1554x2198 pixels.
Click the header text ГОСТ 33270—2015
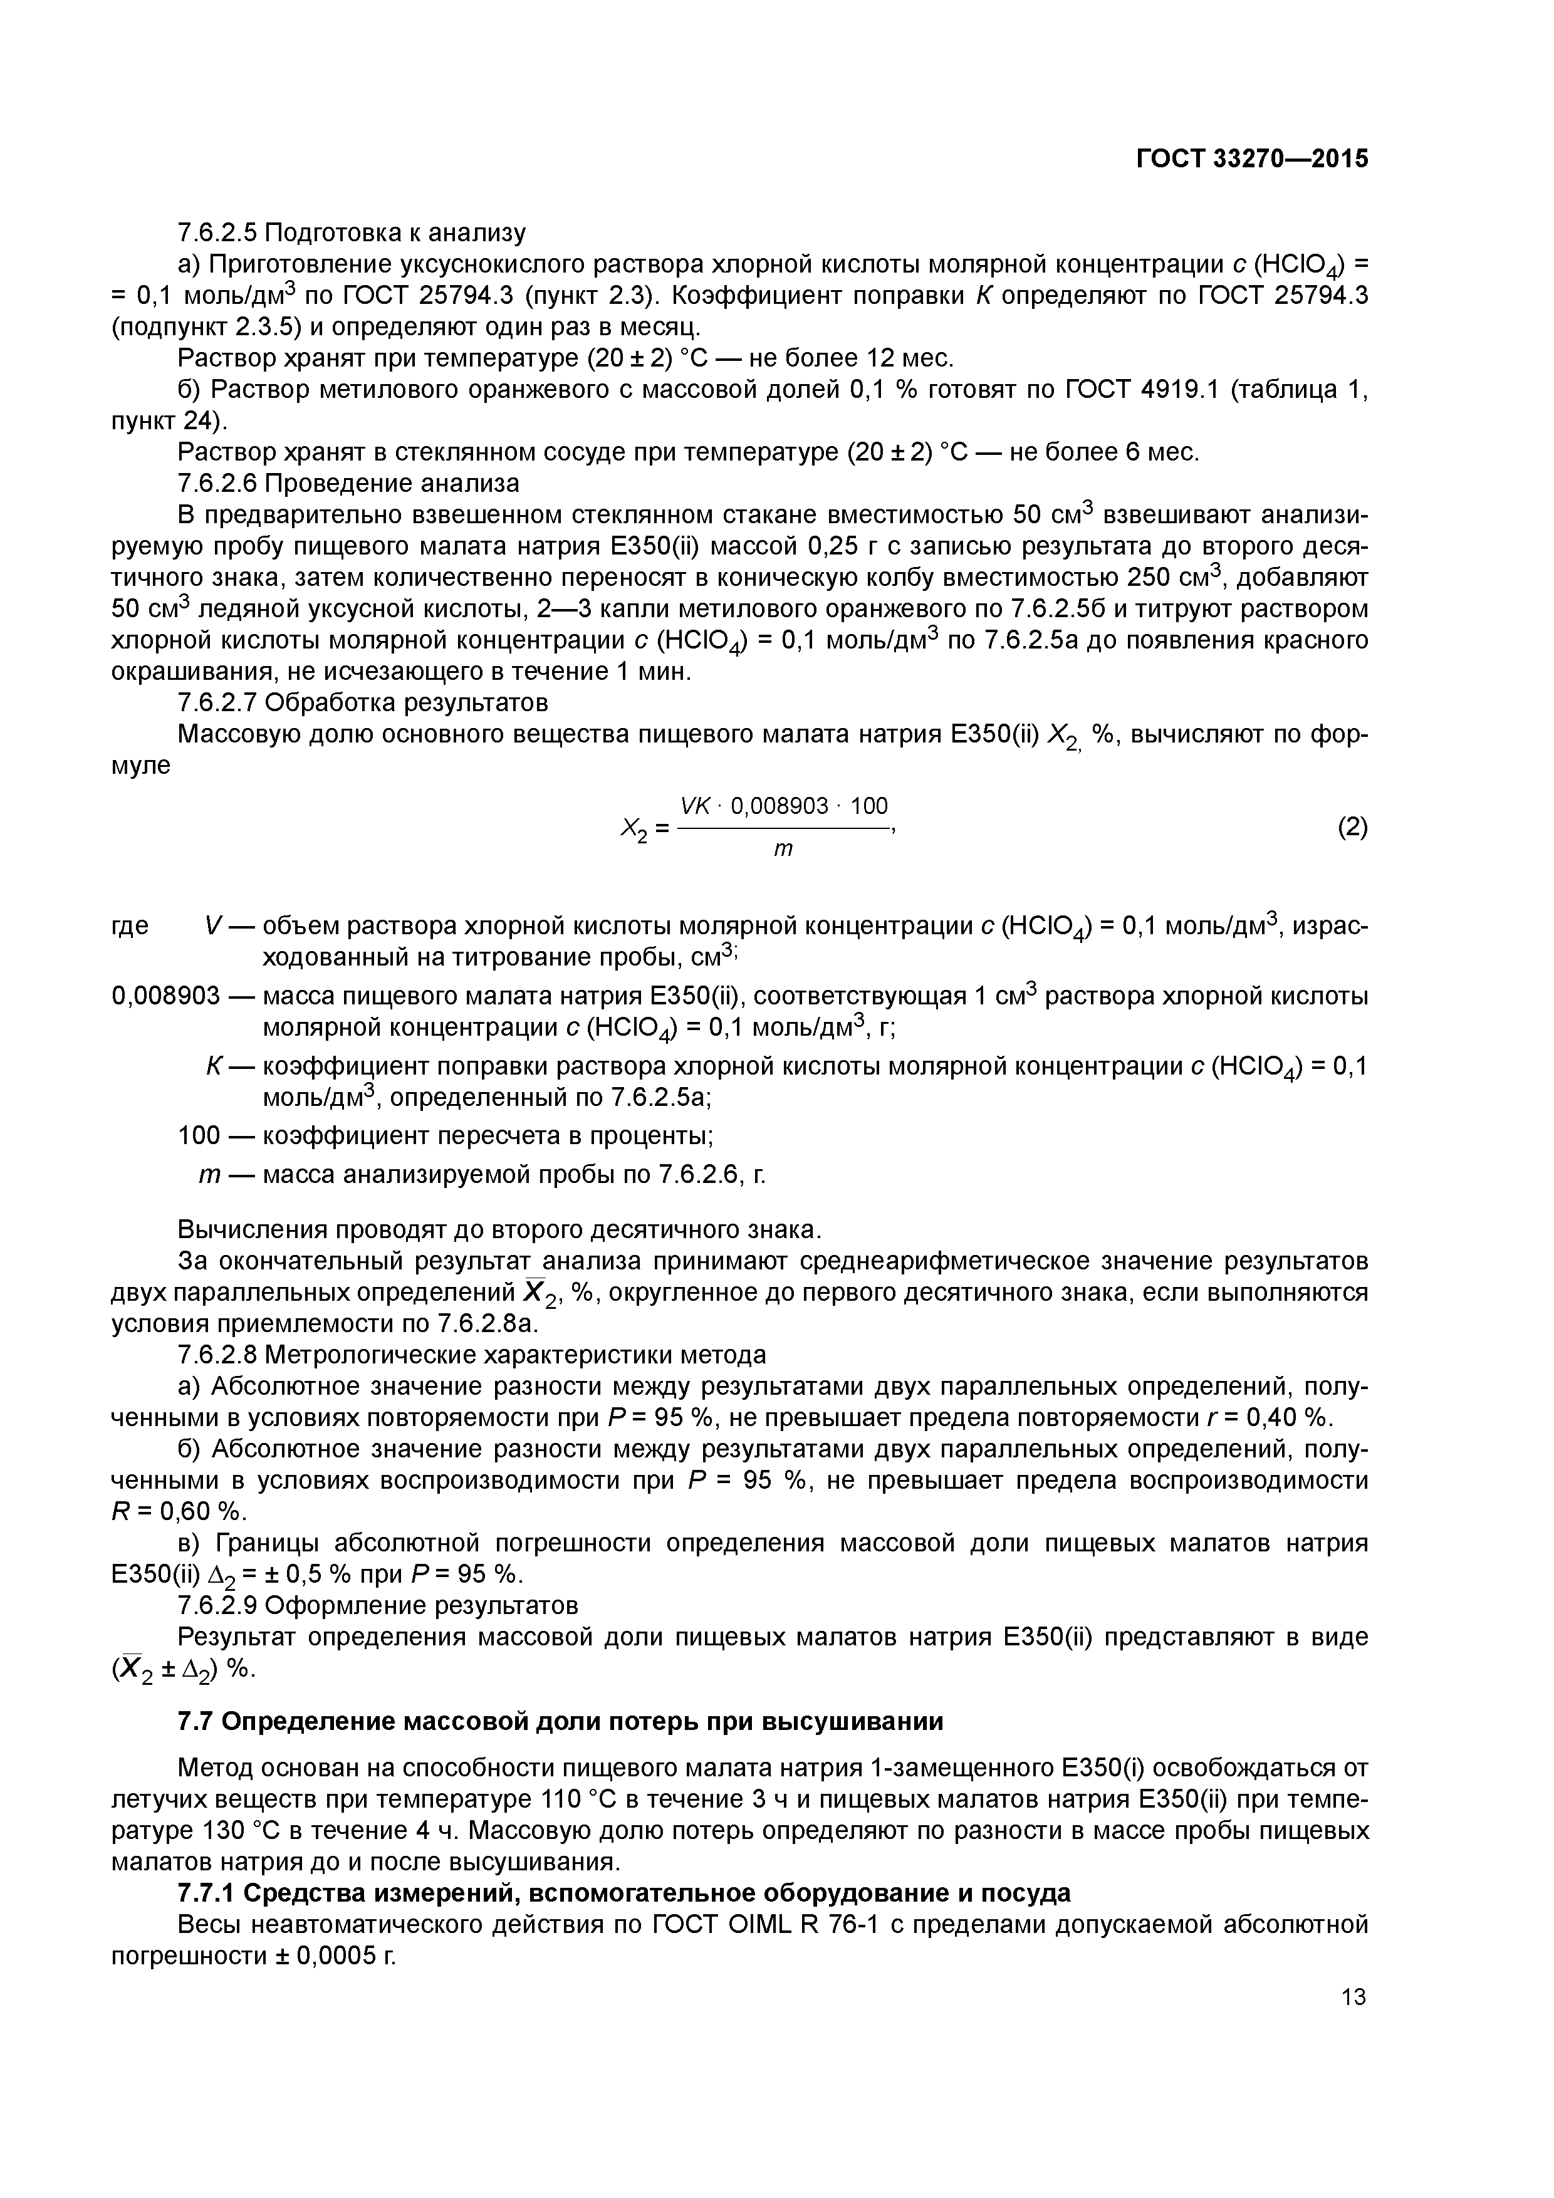pos(1251,159)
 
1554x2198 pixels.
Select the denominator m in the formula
pos(783,849)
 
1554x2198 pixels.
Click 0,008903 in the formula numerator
pos(778,806)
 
